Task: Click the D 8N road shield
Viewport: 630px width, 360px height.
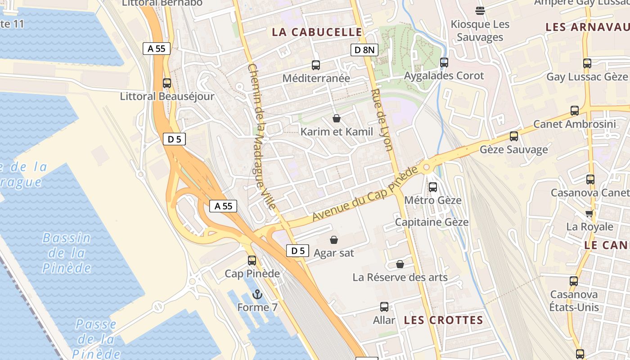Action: pyautogui.click(x=364, y=50)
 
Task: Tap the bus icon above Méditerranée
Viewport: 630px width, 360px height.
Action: pyautogui.click(x=316, y=65)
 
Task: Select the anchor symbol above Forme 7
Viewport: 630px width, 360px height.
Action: pyautogui.click(x=257, y=295)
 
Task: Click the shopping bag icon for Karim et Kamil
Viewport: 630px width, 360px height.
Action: pyautogui.click(x=336, y=118)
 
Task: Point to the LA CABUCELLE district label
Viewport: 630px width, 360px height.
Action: pyautogui.click(x=317, y=32)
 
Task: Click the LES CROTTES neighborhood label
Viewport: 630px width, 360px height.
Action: pyautogui.click(x=443, y=320)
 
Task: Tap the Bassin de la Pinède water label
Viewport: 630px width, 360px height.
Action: pyautogui.click(x=67, y=253)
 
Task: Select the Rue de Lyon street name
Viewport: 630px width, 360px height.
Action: pyautogui.click(x=382, y=120)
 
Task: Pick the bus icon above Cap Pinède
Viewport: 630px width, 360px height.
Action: pyautogui.click(x=252, y=261)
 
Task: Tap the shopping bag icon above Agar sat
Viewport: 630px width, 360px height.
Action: pyautogui.click(x=334, y=240)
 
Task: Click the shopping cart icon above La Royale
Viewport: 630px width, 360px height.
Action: pyautogui.click(x=589, y=213)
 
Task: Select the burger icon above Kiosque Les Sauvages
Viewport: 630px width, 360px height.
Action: pyautogui.click(x=480, y=11)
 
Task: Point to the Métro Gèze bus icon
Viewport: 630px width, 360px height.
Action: pyautogui.click(x=433, y=187)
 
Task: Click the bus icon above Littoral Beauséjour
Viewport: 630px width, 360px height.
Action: pyautogui.click(x=167, y=83)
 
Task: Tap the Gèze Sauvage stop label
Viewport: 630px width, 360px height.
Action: pyautogui.click(x=514, y=149)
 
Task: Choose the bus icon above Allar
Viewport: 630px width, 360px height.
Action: pyautogui.click(x=384, y=307)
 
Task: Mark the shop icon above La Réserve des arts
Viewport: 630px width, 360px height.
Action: pyautogui.click(x=400, y=264)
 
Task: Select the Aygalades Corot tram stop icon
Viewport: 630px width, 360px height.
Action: pyautogui.click(x=444, y=63)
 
